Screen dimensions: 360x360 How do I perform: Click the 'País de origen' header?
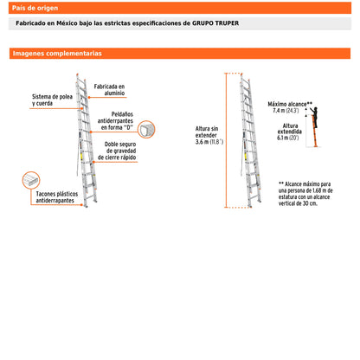(x=35, y=6)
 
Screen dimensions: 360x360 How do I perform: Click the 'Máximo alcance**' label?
(x=290, y=103)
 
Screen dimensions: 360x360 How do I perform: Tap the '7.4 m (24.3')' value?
(x=286, y=111)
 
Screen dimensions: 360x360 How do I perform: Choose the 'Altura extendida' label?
(x=291, y=130)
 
